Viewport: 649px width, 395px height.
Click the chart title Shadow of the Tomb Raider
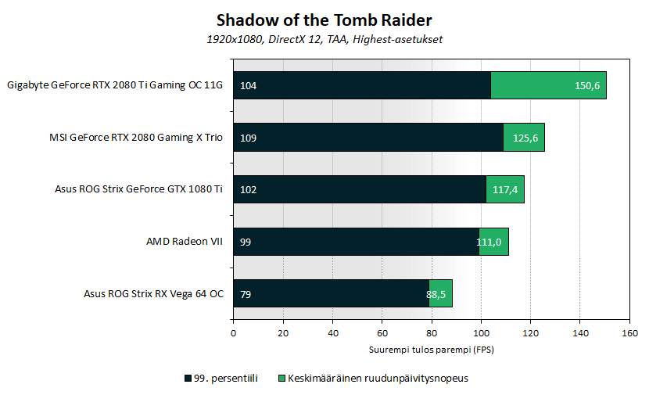point(324,19)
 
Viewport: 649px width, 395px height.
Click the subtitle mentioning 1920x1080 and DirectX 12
point(324,39)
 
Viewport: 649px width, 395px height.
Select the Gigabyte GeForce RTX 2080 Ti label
point(114,85)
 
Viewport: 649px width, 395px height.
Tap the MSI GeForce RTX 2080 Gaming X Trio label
point(136,138)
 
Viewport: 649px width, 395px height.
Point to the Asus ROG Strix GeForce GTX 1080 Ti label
point(139,189)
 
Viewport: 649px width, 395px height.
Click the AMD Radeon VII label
point(185,242)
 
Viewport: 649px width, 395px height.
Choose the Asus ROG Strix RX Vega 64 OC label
point(153,294)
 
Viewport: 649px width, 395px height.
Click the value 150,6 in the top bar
point(586,85)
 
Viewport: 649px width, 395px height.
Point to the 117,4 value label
point(504,189)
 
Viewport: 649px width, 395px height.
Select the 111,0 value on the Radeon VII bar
point(489,242)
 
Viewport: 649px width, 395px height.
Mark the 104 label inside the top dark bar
point(249,85)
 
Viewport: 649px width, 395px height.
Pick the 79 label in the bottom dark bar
point(246,294)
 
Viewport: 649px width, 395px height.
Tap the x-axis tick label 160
point(629,333)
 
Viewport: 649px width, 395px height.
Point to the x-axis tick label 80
point(431,333)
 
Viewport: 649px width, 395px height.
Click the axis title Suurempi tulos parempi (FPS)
point(431,349)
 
